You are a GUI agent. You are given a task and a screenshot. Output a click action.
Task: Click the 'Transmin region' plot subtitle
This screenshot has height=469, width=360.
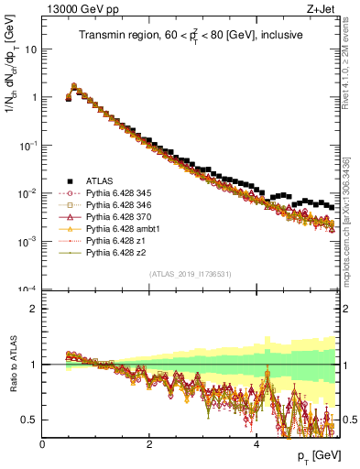point(189,35)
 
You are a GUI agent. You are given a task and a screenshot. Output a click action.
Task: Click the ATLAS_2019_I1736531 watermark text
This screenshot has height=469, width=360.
point(189,274)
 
